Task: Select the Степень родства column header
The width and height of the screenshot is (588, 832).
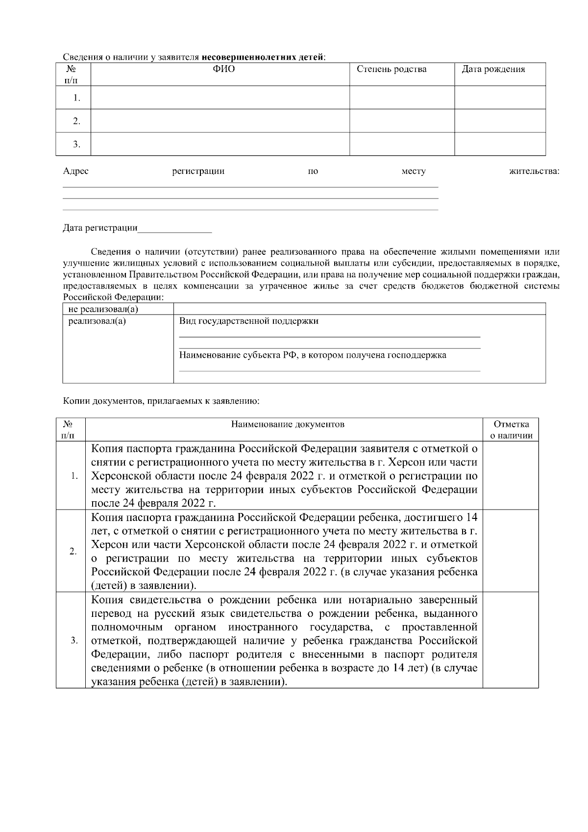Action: point(391,69)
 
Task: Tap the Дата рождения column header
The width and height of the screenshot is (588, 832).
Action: point(493,69)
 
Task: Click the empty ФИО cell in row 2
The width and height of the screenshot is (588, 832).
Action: point(220,121)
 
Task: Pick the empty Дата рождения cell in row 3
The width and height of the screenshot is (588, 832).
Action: point(500,144)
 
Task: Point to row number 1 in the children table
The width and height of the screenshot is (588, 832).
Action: point(76,98)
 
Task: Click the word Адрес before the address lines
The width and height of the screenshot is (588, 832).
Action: point(75,171)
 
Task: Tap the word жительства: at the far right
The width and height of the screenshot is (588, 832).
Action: point(534,171)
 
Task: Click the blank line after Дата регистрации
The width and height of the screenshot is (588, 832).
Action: point(175,228)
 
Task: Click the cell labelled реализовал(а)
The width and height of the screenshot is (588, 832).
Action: point(97,321)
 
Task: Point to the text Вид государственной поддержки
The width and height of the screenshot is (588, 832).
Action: point(248,321)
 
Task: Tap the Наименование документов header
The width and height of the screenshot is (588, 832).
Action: point(288,424)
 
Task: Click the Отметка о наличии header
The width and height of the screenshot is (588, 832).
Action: point(511,430)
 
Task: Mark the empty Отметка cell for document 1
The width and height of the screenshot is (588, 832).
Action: point(511,475)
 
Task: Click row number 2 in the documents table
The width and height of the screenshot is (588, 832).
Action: point(73,551)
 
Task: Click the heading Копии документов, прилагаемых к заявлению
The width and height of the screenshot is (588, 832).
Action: point(161,401)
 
